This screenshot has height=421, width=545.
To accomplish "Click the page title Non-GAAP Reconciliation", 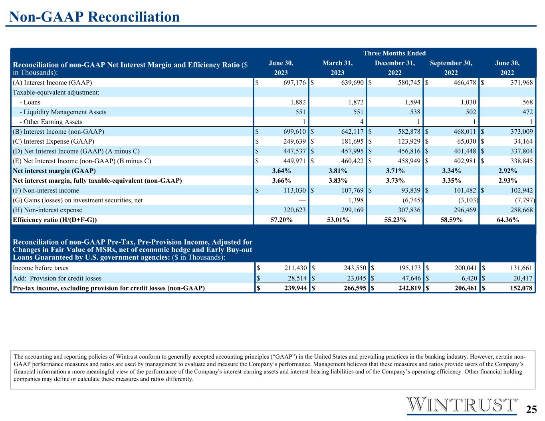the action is (94, 17).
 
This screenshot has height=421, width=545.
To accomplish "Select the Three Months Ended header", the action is (394, 53).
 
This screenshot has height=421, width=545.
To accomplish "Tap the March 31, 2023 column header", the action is (338, 68).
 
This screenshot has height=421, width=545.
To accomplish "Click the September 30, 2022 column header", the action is (451, 68).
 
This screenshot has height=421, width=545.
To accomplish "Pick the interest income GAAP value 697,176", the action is (294, 83).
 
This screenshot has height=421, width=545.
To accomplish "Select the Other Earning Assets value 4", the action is (361, 122).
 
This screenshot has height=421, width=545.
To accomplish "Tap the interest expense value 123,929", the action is (409, 141).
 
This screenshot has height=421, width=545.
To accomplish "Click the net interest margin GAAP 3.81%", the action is (338, 171).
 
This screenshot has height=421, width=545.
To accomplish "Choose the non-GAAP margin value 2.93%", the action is (507, 181).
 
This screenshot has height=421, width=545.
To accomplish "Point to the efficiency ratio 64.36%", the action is (507, 220).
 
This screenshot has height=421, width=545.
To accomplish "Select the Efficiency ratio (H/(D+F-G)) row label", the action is (55, 220).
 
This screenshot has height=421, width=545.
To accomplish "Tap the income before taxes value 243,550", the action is (355, 268).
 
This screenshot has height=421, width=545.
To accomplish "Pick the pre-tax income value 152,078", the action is (521, 288).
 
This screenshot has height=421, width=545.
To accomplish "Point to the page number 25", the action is (531, 409).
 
